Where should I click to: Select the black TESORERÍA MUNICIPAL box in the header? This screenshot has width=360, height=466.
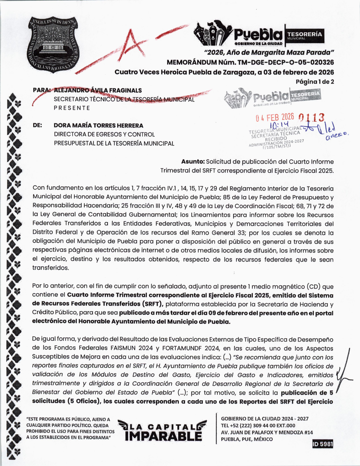pos(304,36)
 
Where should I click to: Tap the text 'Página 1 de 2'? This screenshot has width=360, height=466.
pos(315,82)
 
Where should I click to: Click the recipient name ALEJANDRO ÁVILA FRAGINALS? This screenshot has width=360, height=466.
pos(98,90)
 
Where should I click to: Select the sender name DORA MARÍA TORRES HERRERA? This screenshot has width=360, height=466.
pos(99,125)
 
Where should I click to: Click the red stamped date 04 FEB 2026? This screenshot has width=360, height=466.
pos(275,117)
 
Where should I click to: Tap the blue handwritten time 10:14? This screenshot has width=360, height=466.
pos(280,125)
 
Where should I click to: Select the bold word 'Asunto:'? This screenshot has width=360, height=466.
pos(193,162)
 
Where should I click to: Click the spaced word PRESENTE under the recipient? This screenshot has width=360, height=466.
pos(72,108)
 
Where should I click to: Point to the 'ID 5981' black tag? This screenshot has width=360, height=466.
pos(323,444)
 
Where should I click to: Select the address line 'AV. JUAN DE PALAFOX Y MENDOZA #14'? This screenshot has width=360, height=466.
pos(267,432)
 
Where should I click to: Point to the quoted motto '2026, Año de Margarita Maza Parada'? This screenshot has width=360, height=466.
pos(269,53)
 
